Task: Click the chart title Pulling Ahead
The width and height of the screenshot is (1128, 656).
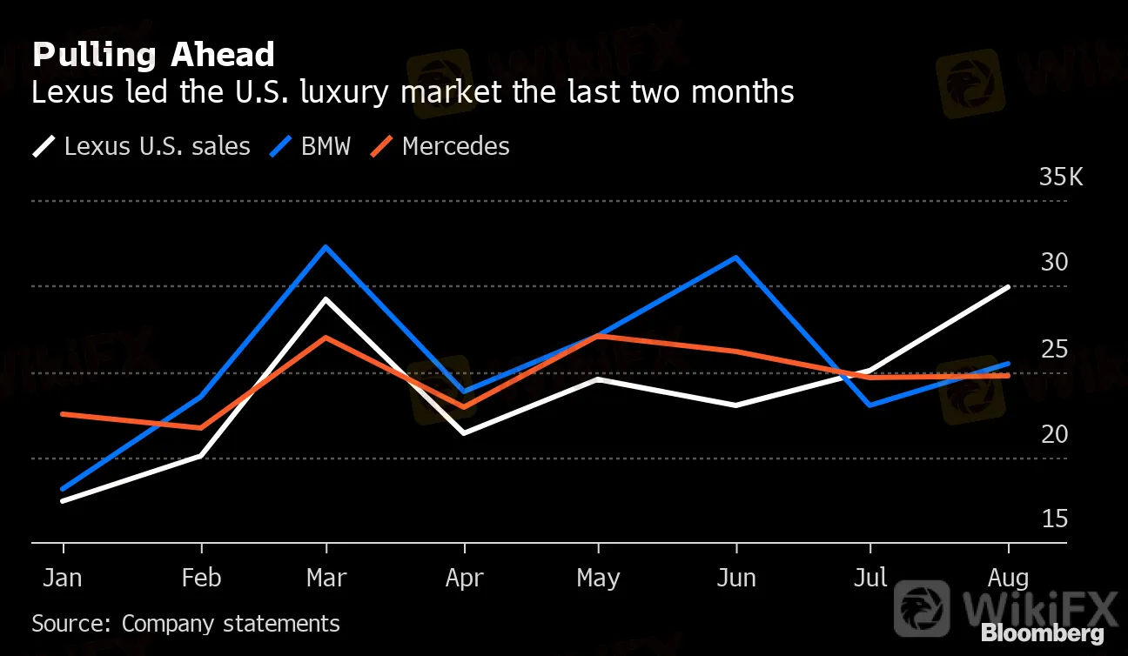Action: click(153, 55)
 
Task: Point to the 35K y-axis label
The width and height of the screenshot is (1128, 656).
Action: click(1061, 178)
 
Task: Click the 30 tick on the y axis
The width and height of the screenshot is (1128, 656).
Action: click(1054, 263)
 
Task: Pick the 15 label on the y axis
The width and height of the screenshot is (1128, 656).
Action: click(1054, 519)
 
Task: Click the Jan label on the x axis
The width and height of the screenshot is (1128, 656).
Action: click(64, 578)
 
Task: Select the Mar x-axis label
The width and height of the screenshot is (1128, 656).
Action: click(326, 578)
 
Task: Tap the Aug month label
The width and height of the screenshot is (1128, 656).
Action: click(1009, 578)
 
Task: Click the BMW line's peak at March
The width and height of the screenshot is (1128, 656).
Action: click(326, 247)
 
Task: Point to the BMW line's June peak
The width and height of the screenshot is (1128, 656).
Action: click(736, 258)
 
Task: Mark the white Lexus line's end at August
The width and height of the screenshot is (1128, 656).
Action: click(1008, 286)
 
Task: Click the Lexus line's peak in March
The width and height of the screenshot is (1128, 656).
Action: click(326, 299)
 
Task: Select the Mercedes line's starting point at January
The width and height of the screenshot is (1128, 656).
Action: click(63, 414)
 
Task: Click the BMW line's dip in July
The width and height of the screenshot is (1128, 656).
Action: click(870, 405)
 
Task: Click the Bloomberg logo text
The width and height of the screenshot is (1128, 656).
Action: click(1042, 633)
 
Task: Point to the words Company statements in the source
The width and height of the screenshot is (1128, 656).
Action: click(231, 624)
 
